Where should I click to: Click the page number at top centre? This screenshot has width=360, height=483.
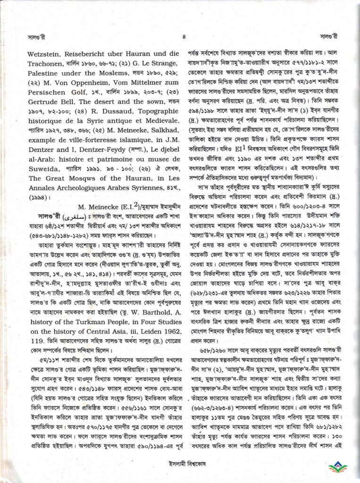pos(181,35)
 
